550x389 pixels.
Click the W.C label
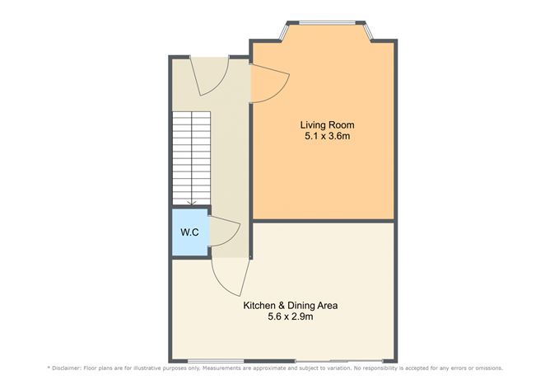pos(189,232)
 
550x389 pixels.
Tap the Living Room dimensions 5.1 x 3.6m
pos(327,136)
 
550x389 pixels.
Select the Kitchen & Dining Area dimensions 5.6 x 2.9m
pos(291,316)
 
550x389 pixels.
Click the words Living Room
pos(327,125)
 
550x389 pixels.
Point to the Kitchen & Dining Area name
pos(291,306)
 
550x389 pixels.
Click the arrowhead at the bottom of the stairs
pos(192,203)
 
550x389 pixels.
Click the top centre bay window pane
pos(327,23)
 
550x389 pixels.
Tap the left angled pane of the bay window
pos(284,31)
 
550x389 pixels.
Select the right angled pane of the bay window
pos(368,30)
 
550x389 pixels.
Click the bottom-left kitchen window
pos(216,361)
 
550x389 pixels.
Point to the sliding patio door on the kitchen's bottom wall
pos(339,361)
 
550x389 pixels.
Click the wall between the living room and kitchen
pos(323,221)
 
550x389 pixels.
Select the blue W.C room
pos(190,232)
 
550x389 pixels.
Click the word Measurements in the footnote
pos(221,368)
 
